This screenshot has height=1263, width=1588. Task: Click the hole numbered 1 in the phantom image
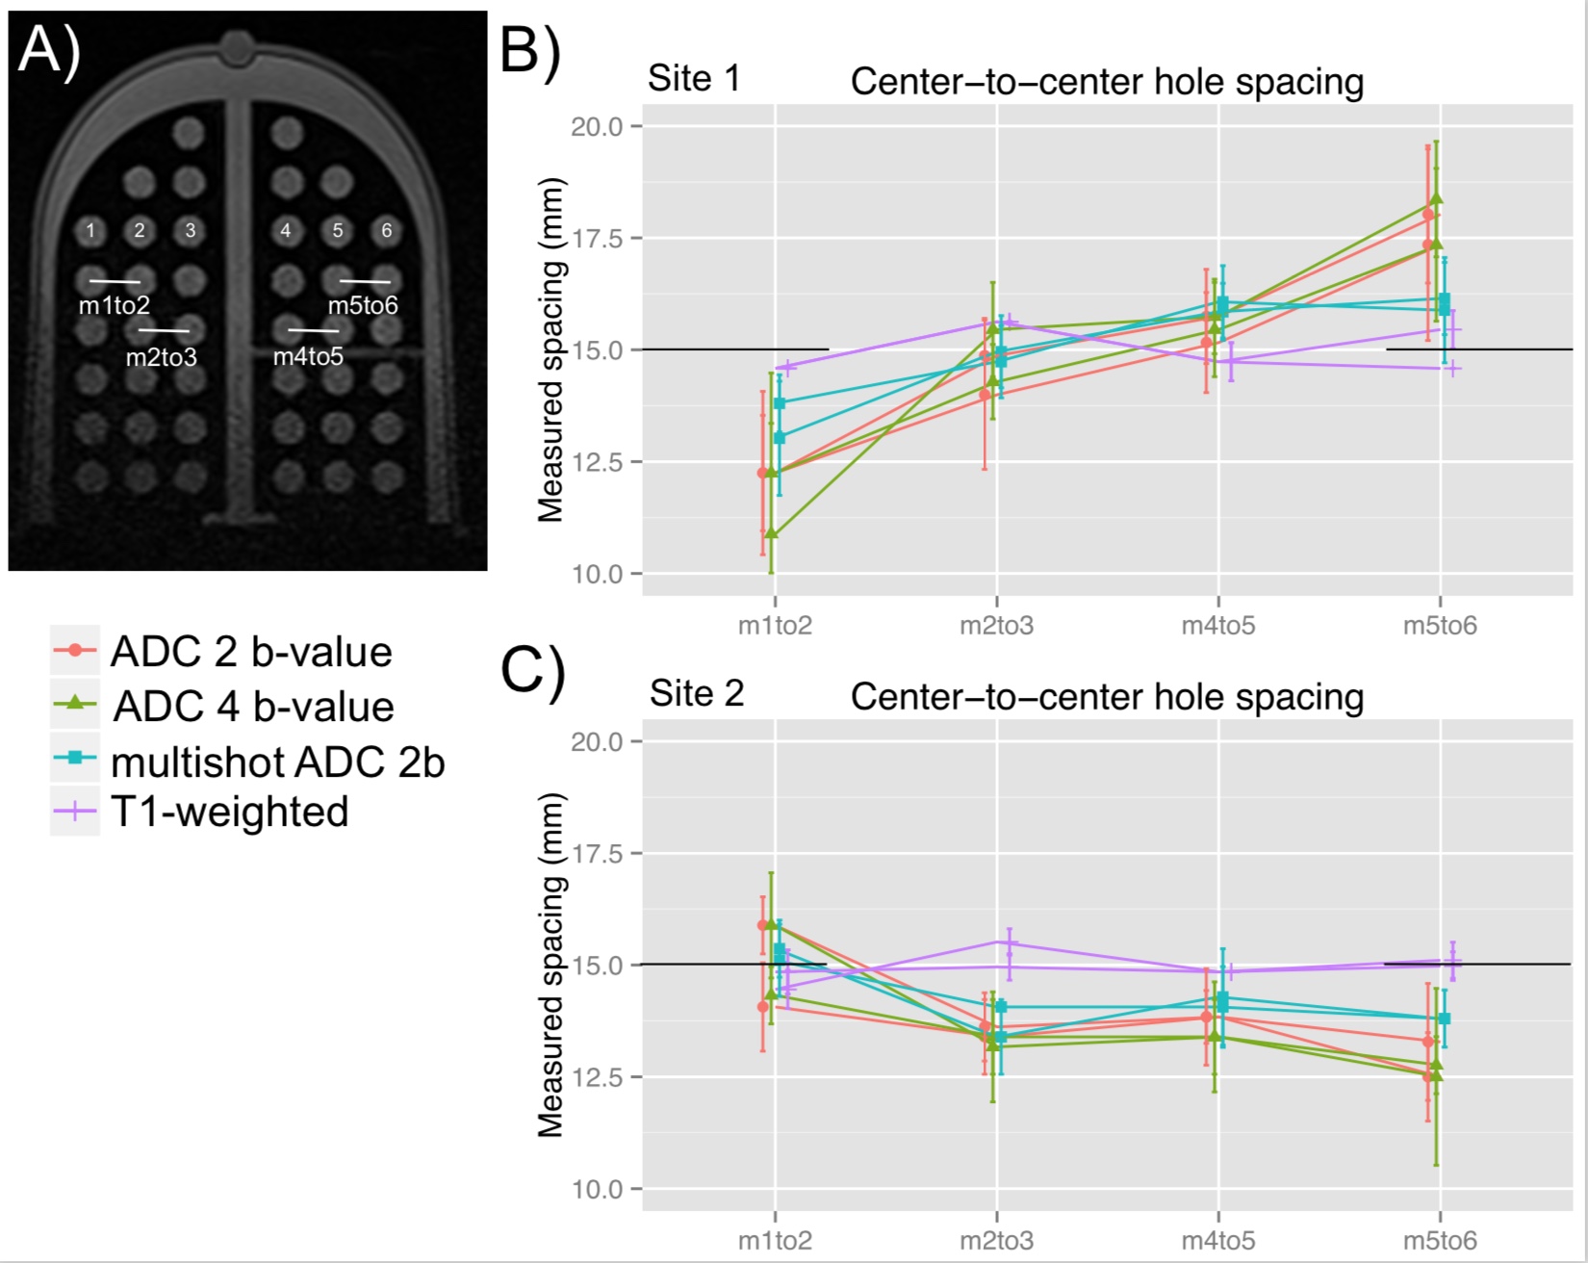90,230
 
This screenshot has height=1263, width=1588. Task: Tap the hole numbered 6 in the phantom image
387,230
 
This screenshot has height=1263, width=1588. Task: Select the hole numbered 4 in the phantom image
286,230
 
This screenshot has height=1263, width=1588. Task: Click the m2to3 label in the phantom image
161,357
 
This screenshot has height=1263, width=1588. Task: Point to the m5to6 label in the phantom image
363,305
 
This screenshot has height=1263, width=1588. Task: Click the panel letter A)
48,50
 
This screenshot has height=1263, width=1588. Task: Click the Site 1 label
694,79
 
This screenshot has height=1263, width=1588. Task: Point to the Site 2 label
697,693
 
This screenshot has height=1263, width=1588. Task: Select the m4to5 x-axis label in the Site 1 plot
1218,626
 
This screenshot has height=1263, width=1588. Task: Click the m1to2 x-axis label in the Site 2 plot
775,1240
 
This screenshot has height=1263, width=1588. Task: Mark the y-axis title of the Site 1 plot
551,350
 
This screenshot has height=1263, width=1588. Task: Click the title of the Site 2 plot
1107,697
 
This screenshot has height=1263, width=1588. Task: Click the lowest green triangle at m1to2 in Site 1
771,532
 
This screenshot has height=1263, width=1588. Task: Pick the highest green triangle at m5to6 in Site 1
1436,198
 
